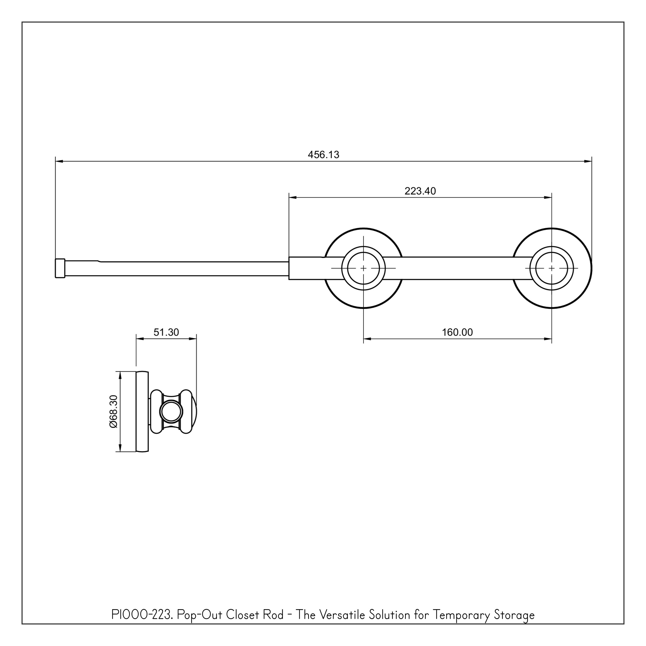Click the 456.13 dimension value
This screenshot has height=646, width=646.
(x=323, y=155)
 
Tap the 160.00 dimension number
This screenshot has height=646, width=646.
(x=457, y=332)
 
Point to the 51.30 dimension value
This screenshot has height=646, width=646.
(x=166, y=332)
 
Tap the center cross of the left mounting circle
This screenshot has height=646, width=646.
(x=363, y=268)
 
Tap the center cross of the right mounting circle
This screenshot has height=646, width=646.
(x=551, y=268)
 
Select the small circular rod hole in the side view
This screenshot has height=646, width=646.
(x=171, y=411)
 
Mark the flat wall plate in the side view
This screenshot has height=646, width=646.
(x=142, y=411)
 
